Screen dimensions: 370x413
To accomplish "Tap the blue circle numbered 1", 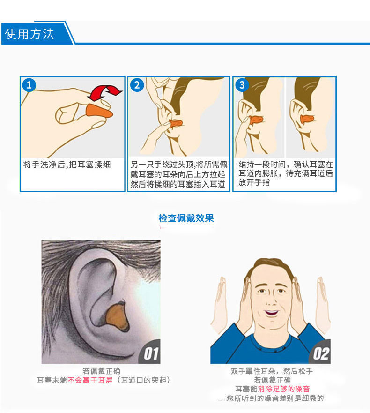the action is pos(29,85).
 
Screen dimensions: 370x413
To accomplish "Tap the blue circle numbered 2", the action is pos(137,85).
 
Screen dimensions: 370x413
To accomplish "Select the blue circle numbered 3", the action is pos(242,85).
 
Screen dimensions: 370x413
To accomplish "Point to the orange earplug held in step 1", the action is pos(99,112).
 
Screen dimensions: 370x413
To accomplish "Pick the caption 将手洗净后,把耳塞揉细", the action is pos(67,165).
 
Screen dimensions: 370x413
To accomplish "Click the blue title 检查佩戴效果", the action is pos(186,218).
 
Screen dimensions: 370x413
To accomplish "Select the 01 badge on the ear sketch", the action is pos(150,353).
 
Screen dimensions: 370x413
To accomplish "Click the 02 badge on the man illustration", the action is pos(320,353).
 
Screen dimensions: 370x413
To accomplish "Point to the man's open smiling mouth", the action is pos(271,313).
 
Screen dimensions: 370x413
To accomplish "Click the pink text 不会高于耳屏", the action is pos(90,380).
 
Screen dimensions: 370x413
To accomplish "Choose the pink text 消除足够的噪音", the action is pos(284,389).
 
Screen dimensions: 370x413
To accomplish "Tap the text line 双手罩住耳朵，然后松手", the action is pos(272,371).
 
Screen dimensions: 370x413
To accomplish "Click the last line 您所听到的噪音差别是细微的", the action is pos(275,398).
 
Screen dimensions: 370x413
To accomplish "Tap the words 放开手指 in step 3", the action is pos(254,182).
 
